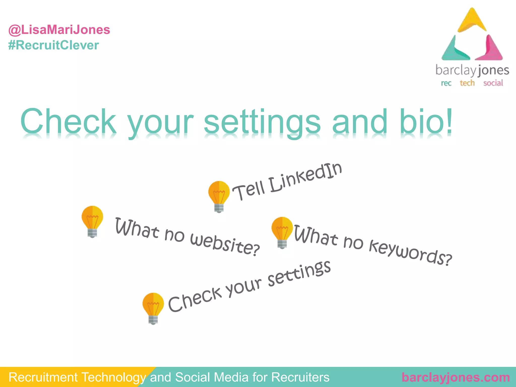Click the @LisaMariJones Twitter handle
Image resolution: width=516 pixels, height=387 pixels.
[x=59, y=30]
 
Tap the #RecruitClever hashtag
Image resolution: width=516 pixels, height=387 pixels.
[x=53, y=45]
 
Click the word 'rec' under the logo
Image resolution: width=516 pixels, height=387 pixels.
[x=446, y=83]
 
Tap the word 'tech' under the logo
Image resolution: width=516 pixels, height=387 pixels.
[x=467, y=83]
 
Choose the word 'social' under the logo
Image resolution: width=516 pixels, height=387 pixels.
[x=493, y=83]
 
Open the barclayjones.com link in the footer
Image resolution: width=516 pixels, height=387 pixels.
[x=456, y=377]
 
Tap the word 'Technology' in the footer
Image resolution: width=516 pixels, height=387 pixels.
[x=113, y=377]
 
